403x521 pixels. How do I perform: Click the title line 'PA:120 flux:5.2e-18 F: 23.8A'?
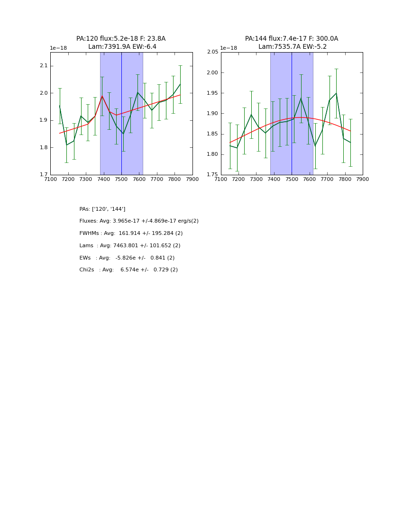tap(121, 39)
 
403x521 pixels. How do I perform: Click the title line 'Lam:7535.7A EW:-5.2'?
tap(292, 47)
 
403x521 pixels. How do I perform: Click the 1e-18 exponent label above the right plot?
tap(229, 48)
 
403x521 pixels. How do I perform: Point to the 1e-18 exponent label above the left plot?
tap(58, 48)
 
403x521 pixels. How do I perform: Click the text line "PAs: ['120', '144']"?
tap(102, 209)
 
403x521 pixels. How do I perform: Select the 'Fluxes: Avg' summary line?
tap(139, 221)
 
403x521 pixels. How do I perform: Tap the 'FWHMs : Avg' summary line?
tap(131, 234)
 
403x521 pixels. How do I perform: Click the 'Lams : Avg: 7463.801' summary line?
tap(130, 246)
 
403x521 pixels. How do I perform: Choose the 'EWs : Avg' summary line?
tap(127, 258)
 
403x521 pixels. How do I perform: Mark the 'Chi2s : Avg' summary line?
tap(128, 270)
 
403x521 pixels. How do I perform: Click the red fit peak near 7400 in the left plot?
tap(102, 96)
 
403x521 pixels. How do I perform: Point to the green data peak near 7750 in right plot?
tap(336, 93)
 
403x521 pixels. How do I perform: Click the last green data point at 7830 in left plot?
tap(180, 84)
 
